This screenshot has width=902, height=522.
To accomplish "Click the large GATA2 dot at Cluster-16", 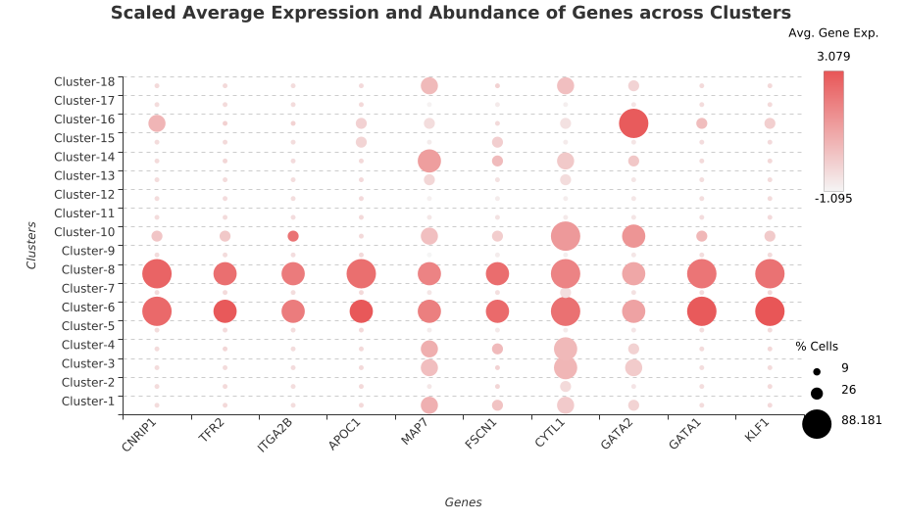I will [633, 123].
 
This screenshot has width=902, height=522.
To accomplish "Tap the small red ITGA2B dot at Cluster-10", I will [293, 236].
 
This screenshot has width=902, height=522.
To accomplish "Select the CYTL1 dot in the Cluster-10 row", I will [566, 236].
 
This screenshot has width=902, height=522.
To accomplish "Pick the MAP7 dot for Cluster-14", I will [429, 161].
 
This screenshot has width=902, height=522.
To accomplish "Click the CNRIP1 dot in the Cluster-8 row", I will [157, 274].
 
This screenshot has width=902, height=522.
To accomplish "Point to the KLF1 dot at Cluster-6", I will [770, 311].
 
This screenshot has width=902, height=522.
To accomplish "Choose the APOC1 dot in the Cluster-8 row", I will [361, 274].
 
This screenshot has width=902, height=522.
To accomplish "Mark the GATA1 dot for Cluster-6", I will [702, 311].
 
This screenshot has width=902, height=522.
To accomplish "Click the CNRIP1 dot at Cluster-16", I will [157, 123].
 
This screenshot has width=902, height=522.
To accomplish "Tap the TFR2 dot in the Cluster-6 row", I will [225, 311].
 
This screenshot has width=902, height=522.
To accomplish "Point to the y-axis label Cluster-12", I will [84, 194].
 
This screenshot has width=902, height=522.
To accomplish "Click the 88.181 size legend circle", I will [817, 424].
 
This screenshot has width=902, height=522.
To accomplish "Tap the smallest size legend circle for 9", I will [817, 372].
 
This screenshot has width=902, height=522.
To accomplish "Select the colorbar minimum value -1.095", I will [833, 199].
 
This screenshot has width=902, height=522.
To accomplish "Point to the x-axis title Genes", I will [463, 502].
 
